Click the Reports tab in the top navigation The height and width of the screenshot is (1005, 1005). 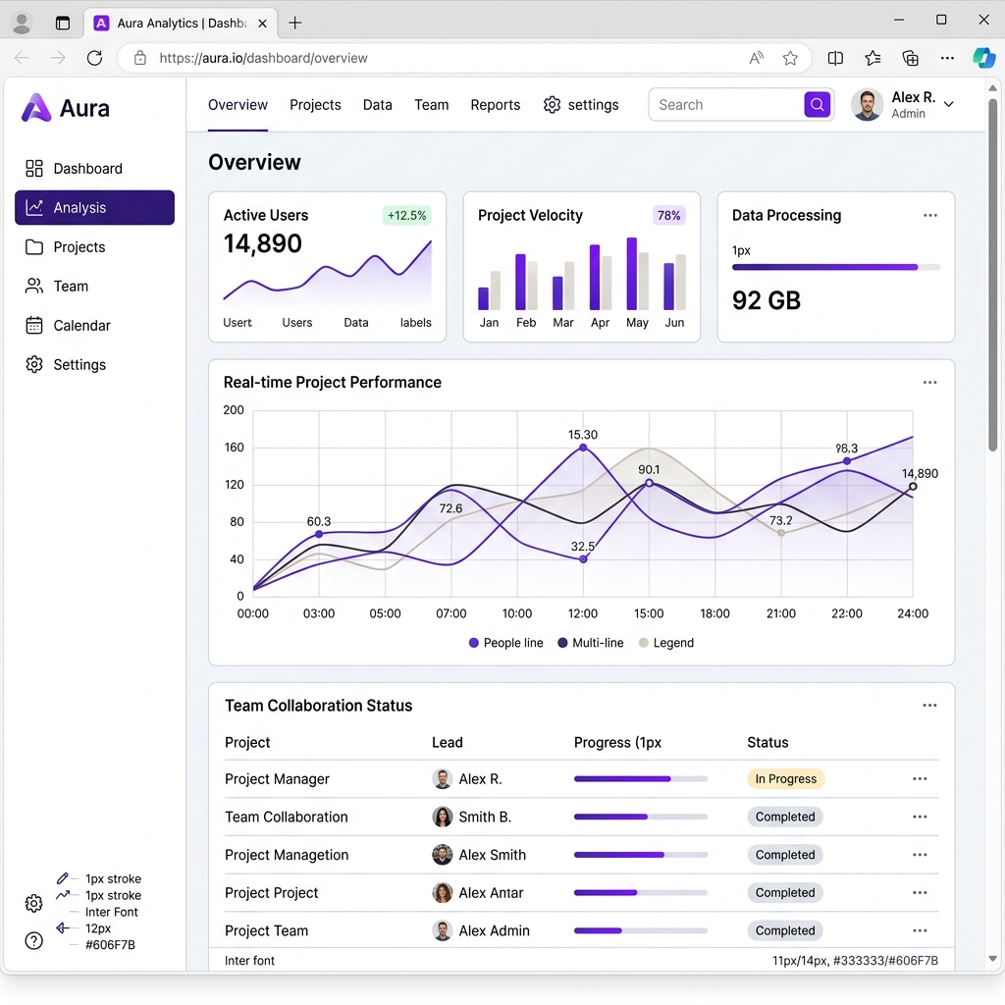pos(495,105)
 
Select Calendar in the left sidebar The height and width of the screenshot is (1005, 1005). pos(81,326)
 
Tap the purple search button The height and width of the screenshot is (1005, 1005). pos(817,105)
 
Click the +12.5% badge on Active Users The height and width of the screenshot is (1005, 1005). pos(406,216)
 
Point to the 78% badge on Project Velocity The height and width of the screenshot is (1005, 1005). pos(669,216)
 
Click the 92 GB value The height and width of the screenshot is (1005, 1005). pos(767,300)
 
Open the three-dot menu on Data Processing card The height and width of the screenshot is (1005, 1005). pos(929,216)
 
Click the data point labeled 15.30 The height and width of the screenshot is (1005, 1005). pos(583,448)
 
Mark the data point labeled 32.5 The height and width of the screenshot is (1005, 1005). pos(583,559)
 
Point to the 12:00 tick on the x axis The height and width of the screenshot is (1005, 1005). pos(583,613)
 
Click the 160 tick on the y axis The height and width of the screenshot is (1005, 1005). pos(234,448)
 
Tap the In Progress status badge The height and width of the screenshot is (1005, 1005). pos(785,779)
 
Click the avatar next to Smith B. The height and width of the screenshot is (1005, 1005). pos(443,817)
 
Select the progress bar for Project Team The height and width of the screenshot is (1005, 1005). pos(640,930)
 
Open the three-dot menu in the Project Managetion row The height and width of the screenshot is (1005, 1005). pos(920,855)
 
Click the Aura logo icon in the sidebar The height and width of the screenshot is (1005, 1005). pos(36,108)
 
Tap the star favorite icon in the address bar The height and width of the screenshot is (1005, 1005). pos(790,58)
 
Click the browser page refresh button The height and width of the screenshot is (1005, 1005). pos(94,58)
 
